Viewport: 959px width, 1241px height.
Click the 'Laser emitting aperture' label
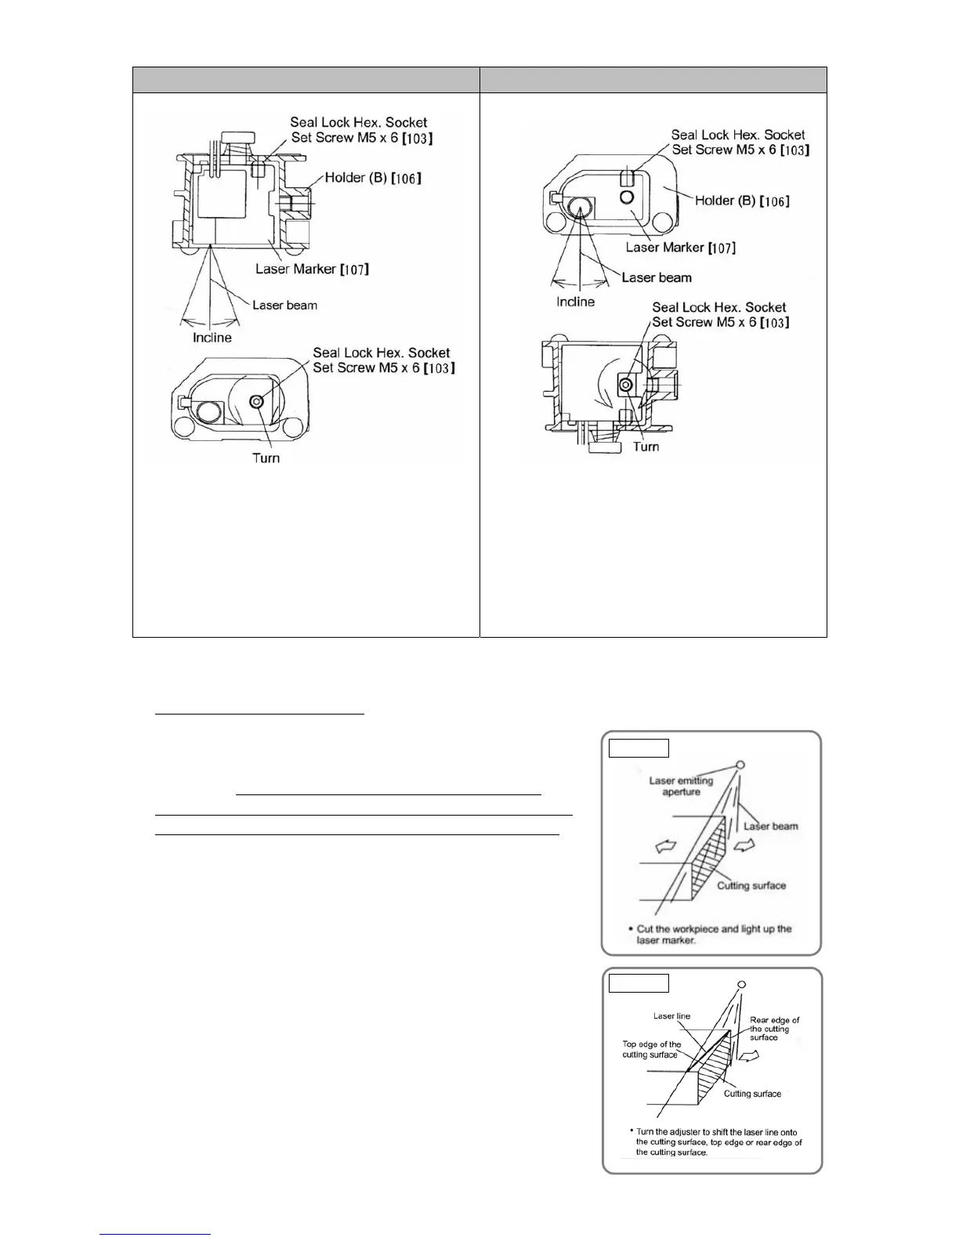click(x=681, y=786)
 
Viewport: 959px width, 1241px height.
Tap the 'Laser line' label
click(x=671, y=1016)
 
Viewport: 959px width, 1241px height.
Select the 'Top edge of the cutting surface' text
click(x=652, y=1049)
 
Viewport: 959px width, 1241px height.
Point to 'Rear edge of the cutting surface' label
click(x=774, y=1029)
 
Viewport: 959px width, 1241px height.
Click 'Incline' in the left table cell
click(x=212, y=338)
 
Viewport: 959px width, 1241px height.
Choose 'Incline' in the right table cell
click(x=575, y=302)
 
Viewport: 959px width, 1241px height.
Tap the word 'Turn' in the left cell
click(x=266, y=458)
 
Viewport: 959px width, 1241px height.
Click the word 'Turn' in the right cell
click(x=646, y=447)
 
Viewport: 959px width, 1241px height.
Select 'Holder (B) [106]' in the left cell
click(x=373, y=178)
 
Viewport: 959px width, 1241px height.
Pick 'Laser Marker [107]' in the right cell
click(x=680, y=248)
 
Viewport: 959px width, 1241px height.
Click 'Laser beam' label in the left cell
click(x=284, y=305)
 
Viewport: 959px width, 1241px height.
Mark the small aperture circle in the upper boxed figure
click(x=740, y=765)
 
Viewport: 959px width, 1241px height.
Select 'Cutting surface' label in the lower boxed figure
click(x=751, y=1094)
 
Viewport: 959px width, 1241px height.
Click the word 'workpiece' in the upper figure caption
click(x=691, y=929)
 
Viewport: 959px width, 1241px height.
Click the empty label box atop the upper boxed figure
click(x=639, y=747)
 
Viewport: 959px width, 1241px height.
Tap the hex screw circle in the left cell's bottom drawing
click(x=256, y=401)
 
